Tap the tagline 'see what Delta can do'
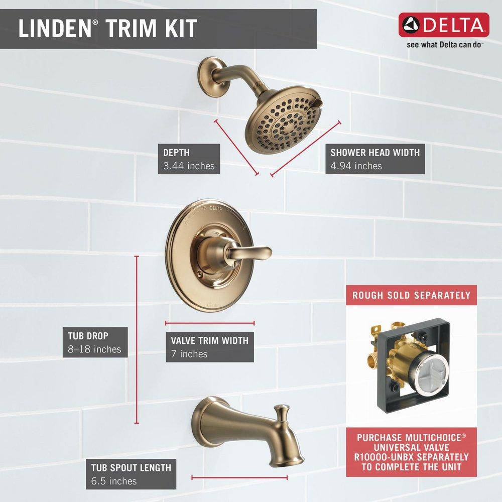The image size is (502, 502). click(444, 44)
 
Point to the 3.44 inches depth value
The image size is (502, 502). click(188, 166)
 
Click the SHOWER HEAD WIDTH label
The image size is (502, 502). click(374, 152)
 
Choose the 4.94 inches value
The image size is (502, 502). click(356, 166)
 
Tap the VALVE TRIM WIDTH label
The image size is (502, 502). click(209, 340)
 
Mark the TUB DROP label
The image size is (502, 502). click(88, 335)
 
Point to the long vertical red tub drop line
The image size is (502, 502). click(137, 341)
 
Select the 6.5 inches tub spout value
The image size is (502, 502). click(113, 481)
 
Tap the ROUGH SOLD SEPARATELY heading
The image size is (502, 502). click(411, 295)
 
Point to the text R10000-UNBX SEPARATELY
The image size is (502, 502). click(412, 457)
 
